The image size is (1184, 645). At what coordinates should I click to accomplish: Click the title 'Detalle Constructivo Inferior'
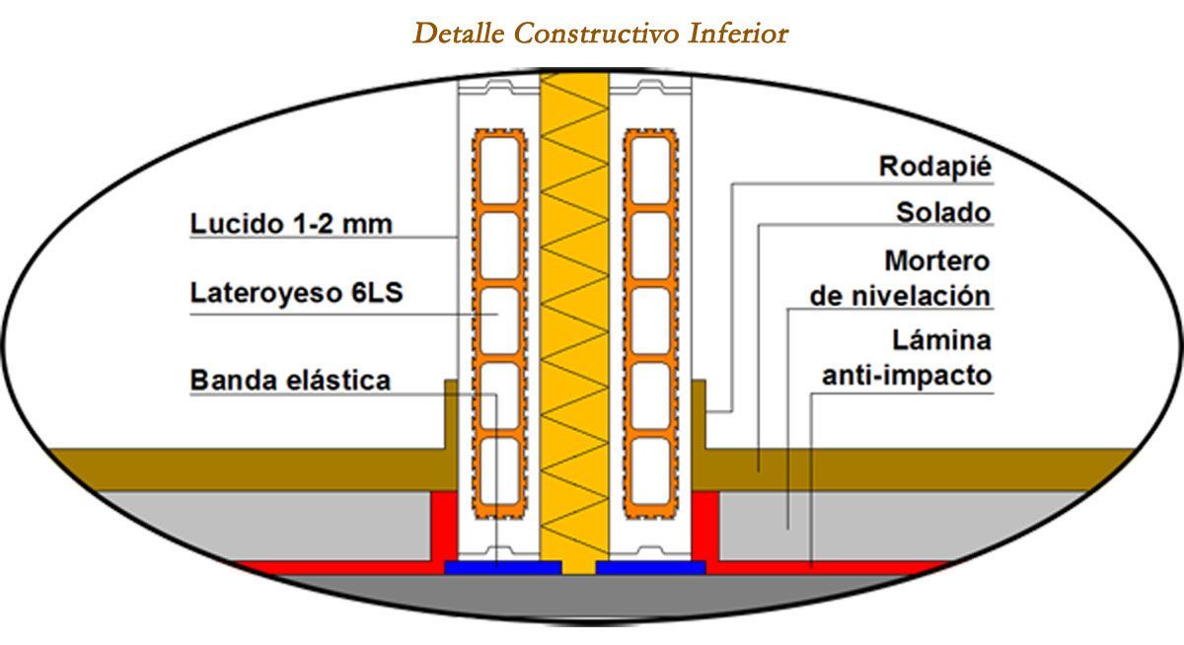601,34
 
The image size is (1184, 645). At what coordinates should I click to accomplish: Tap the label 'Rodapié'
935,167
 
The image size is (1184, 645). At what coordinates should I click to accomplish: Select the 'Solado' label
943,212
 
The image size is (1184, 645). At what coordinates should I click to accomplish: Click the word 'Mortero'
937,261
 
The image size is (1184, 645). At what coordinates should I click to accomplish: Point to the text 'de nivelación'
900,296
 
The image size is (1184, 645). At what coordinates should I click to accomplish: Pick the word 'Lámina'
942,340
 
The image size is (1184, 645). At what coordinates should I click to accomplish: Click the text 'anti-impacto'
907,376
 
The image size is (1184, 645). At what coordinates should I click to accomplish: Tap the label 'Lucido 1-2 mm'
291,224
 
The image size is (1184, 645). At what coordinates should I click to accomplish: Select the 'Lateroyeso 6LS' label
297,293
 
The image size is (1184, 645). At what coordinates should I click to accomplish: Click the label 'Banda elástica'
290,381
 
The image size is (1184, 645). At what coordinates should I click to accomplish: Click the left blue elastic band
502,567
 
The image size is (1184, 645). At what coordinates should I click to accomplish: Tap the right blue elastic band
651,567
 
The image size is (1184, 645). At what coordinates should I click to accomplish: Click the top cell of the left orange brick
499,170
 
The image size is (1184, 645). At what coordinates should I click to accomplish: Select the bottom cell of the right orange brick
650,471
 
